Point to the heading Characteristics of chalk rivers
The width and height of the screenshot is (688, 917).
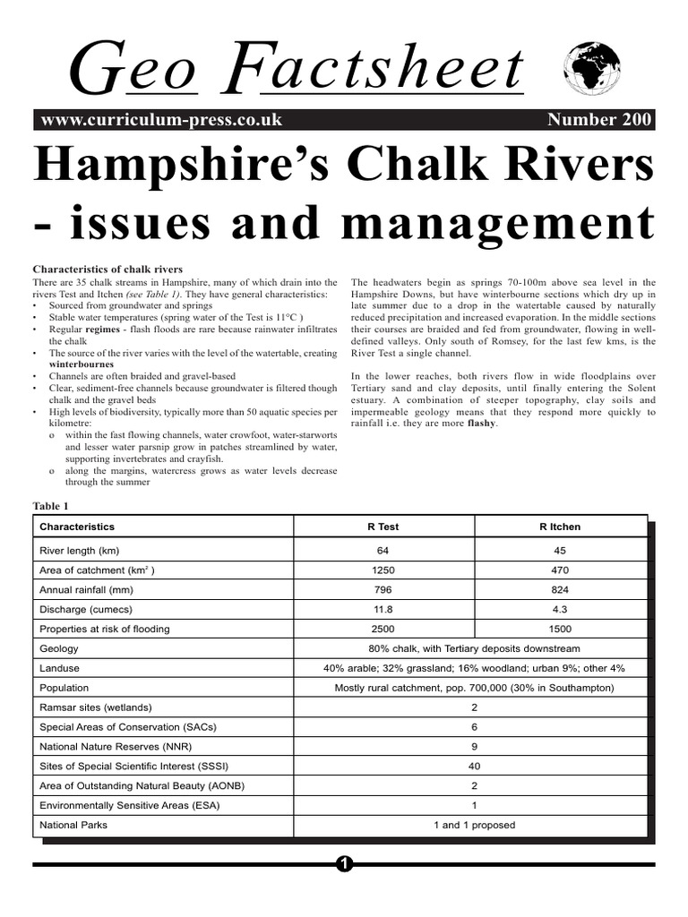click(x=107, y=269)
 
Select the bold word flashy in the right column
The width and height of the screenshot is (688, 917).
click(x=480, y=424)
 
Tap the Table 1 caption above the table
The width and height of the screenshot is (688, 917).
click(x=50, y=506)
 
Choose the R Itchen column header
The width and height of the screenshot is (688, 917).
click(x=560, y=527)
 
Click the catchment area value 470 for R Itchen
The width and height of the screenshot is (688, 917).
click(x=560, y=570)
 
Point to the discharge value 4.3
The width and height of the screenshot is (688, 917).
click(x=560, y=609)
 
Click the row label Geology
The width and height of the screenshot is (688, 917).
click(x=59, y=648)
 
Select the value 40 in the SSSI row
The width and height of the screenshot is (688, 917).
click(x=474, y=766)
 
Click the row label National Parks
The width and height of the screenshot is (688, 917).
click(x=73, y=825)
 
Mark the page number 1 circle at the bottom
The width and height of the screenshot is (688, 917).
click(x=344, y=864)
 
